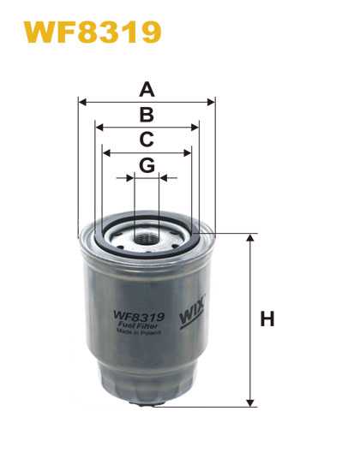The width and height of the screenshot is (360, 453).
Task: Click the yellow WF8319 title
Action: [93, 33]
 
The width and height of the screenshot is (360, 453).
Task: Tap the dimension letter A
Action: [147, 89]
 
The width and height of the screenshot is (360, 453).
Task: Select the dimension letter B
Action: [147, 115]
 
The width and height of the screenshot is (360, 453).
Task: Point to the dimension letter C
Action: [147, 140]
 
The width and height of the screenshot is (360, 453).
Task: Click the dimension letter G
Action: [147, 165]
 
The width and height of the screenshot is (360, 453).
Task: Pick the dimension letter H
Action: [267, 319]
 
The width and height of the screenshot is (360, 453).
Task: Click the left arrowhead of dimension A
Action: [82, 102]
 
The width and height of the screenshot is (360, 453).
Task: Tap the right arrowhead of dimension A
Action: [211, 102]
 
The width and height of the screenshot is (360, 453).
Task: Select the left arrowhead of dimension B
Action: [99, 127]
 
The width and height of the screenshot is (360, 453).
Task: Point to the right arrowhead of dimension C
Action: [188, 152]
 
